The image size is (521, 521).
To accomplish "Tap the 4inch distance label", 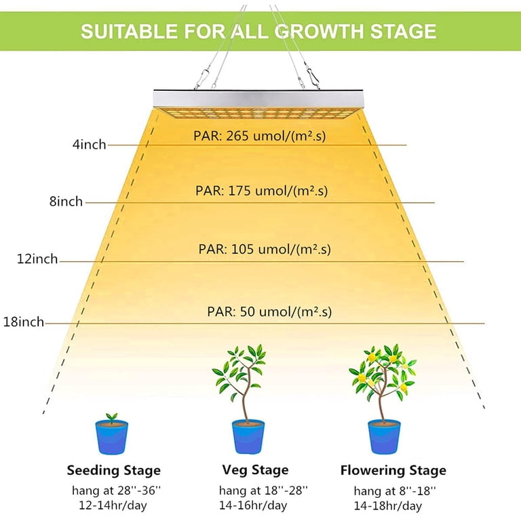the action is click(89, 144).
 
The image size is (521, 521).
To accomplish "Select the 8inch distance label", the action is click(66, 201).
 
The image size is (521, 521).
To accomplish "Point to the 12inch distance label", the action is click(37, 259).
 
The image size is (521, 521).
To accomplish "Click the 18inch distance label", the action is click(24, 322).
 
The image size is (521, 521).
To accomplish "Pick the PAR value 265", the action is click(237, 136).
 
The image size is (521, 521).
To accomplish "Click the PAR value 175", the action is click(239, 191).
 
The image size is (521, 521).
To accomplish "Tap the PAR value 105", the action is click(243, 249).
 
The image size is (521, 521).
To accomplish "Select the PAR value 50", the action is click(247, 311).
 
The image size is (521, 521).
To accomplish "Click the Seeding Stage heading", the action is click(114, 471).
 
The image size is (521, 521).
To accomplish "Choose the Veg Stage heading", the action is click(255, 470).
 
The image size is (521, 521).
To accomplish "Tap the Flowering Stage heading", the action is click(393, 471).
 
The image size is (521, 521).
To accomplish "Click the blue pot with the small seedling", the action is click(112, 438).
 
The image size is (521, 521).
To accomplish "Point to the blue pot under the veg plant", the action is click(248, 437).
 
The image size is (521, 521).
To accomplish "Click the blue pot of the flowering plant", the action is click(384, 437).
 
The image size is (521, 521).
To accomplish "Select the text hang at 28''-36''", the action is click(116, 490).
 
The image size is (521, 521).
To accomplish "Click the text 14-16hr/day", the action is click(253, 505).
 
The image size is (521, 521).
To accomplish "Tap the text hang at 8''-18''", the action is click(394, 490).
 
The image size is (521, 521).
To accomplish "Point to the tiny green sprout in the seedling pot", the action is click(111, 417).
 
